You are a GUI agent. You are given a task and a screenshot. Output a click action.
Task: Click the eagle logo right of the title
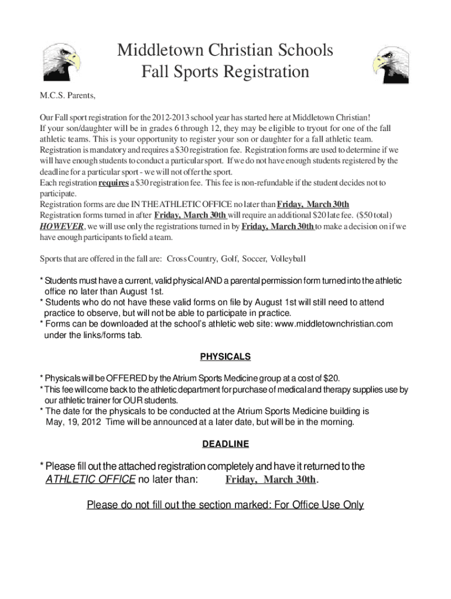pos(391,63)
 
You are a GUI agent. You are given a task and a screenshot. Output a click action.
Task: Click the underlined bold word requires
pos(114,183)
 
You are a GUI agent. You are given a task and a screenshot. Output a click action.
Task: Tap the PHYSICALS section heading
pos(225,357)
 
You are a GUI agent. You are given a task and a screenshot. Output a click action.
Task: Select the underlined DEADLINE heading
pos(225,445)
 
